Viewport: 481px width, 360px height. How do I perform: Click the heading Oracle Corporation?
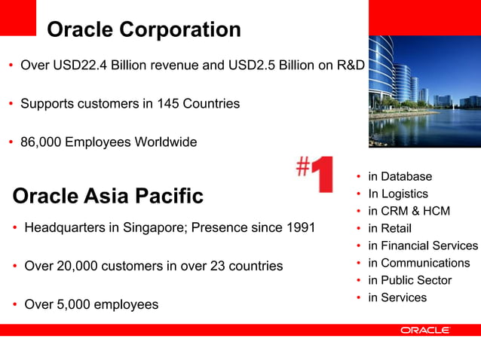pyautogui.click(x=143, y=30)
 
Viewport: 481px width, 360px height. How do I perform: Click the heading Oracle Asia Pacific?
pyautogui.click(x=108, y=197)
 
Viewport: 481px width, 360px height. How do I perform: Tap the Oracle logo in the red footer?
pyautogui.click(x=425, y=330)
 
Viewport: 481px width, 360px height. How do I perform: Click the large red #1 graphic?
pyautogui.click(x=315, y=175)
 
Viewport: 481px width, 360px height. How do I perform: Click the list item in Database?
pyautogui.click(x=400, y=176)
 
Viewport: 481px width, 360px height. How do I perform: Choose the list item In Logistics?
pyautogui.click(x=397, y=194)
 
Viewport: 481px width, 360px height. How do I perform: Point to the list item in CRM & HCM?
pyautogui.click(x=409, y=211)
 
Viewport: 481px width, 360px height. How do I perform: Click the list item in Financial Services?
pyautogui.click(x=422, y=246)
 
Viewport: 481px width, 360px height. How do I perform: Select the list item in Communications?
pyautogui.click(x=418, y=263)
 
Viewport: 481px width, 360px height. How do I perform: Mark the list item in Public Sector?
pyautogui.click(x=409, y=280)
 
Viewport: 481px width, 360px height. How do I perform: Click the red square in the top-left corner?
pyautogui.click(x=18, y=17)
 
